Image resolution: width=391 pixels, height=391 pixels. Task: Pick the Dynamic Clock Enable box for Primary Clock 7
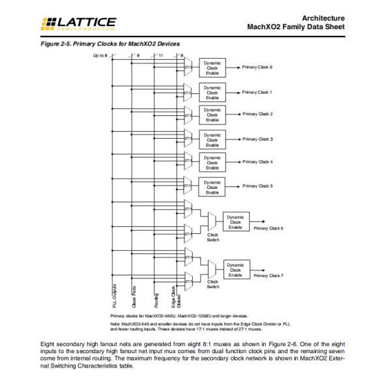click(235, 270)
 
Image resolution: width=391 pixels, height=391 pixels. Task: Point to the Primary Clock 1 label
click(257, 93)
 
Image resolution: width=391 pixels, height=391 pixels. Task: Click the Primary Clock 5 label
click(257, 186)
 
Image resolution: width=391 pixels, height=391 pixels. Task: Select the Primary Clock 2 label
click(257, 114)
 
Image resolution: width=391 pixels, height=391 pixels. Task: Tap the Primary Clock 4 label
click(257, 162)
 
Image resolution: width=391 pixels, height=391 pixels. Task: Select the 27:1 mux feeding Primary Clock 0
click(188, 68)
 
